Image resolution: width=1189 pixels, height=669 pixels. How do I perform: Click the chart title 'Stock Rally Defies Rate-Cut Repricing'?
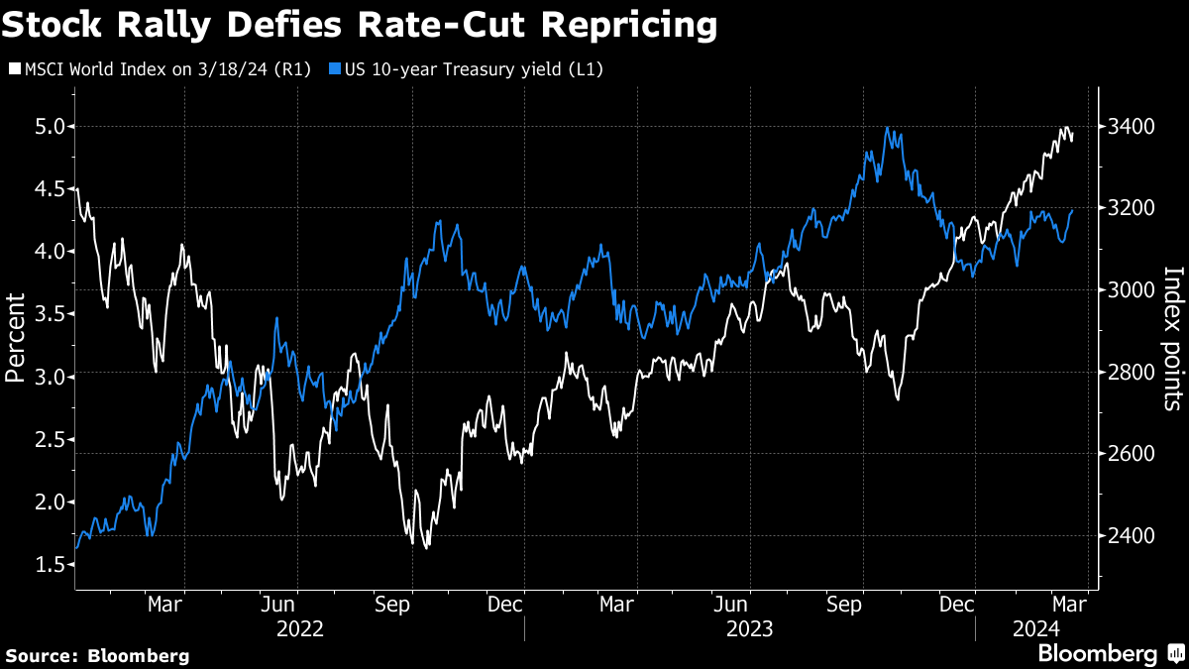pyautogui.click(x=359, y=25)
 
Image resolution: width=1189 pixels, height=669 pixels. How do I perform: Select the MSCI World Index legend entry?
pyautogui.click(x=159, y=69)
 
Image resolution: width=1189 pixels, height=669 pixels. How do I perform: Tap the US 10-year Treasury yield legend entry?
pyautogui.click(x=466, y=69)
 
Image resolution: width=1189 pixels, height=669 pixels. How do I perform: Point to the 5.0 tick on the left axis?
pyautogui.click(x=45, y=127)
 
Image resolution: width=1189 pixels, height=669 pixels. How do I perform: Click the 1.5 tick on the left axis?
pyautogui.click(x=45, y=565)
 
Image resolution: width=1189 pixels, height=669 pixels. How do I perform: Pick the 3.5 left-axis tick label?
pyautogui.click(x=45, y=314)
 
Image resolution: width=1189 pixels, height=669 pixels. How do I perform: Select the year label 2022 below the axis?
pyautogui.click(x=299, y=628)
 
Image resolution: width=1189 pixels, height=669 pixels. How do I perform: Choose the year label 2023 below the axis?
pyautogui.click(x=749, y=628)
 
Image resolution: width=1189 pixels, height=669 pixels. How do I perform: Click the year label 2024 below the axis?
pyautogui.click(x=1036, y=628)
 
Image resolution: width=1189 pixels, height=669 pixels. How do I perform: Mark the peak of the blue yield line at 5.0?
pyautogui.click(x=887, y=128)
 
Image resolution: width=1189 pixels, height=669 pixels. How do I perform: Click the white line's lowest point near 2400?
pyautogui.click(x=427, y=547)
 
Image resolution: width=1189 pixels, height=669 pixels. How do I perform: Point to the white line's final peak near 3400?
pyautogui.click(x=1065, y=129)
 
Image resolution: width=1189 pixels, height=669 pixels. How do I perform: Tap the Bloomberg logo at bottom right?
pyautogui.click(x=1110, y=654)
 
